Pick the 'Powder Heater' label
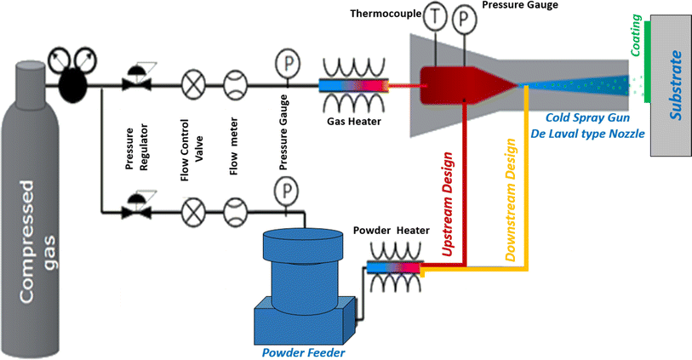coord(390,230)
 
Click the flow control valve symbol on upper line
coord(194,85)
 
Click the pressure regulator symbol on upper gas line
coord(133,79)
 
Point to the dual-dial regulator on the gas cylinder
coord(72,69)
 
